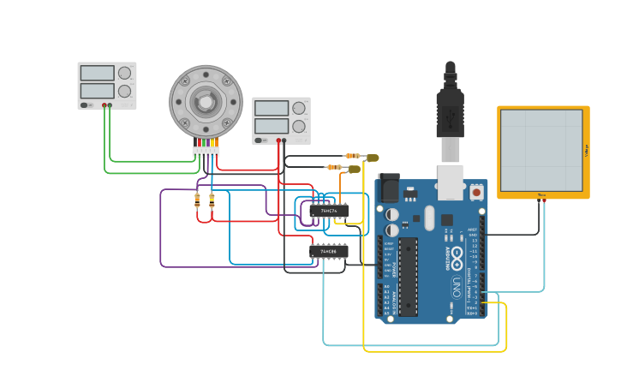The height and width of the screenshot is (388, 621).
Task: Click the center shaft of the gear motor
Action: (206, 102)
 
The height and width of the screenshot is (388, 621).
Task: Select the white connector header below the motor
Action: (206, 152)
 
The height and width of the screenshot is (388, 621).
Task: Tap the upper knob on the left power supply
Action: (125, 73)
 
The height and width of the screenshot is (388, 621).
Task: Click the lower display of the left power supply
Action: (97, 91)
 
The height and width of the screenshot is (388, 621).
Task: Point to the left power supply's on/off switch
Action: (86, 105)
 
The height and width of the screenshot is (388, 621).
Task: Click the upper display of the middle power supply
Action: (272, 108)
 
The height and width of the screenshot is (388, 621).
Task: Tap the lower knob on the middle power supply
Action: (299, 126)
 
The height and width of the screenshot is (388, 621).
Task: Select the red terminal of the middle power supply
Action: (278, 140)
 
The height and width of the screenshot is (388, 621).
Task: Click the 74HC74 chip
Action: (329, 210)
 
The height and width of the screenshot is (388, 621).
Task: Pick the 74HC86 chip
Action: (329, 251)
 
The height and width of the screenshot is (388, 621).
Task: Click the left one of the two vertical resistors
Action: (198, 200)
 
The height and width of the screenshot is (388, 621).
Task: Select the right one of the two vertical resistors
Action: (212, 200)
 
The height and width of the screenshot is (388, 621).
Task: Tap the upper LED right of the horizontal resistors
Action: (372, 158)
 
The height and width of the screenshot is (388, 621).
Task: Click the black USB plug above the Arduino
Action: (450, 107)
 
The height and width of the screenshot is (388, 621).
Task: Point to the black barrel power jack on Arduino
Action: (389, 188)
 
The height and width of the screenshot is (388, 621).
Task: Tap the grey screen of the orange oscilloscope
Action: (541, 150)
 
